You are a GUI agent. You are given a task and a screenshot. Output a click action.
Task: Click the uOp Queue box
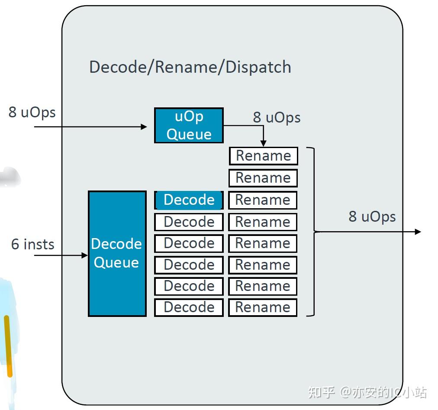coord(189,125)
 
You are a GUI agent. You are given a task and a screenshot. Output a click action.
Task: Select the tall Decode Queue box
coord(117,253)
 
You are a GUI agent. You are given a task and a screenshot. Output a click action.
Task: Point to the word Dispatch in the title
coord(258,67)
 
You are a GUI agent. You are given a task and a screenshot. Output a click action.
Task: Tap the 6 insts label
coord(33,244)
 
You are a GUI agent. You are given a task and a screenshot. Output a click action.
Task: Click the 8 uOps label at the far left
coord(32,112)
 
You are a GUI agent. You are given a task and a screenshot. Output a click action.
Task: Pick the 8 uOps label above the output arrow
coord(372,216)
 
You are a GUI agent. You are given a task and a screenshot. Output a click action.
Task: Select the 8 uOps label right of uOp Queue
coord(277,117)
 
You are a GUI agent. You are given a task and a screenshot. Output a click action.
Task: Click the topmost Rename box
coord(263,156)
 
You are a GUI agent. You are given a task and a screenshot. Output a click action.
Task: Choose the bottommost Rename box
coord(263,307)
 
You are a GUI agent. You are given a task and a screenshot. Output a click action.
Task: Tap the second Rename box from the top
coord(263,178)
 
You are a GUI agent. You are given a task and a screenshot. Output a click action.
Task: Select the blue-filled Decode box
coord(189,200)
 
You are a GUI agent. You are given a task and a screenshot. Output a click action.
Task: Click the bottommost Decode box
coord(189,307)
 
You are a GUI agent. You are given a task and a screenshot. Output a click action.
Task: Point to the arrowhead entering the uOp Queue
coord(144,127)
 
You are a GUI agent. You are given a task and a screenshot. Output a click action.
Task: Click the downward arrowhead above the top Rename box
coord(263,144)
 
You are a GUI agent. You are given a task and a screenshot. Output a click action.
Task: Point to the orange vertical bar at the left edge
coord(7,346)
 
